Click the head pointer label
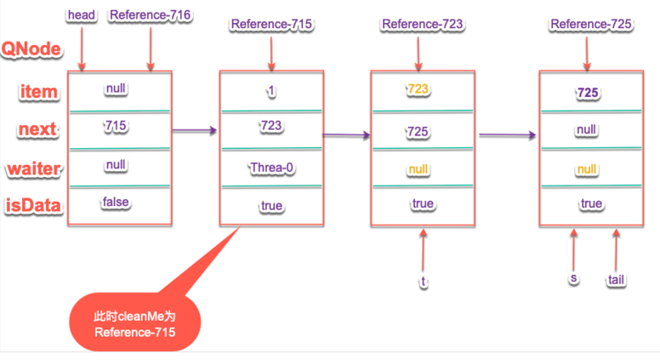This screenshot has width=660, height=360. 82,15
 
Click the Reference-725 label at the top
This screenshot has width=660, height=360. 590,24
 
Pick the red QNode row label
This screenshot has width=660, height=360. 31,49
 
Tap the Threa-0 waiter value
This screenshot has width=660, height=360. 271,168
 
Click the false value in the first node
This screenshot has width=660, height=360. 116,202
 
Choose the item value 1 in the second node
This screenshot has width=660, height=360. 270,88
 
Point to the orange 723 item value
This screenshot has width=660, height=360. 418,89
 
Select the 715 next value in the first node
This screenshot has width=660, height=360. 116,126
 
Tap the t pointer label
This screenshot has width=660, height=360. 424,280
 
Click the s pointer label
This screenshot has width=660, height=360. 575,278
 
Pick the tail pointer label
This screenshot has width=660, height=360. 617,279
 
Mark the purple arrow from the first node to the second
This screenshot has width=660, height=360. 195,131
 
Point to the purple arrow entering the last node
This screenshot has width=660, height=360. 509,134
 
